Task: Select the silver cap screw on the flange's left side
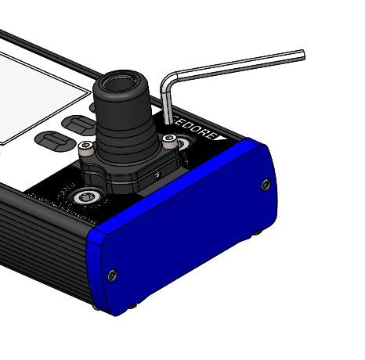[x=89, y=146]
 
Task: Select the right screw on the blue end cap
[x=265, y=185]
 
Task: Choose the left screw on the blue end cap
[x=113, y=274]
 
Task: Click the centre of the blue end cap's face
[x=188, y=235]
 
